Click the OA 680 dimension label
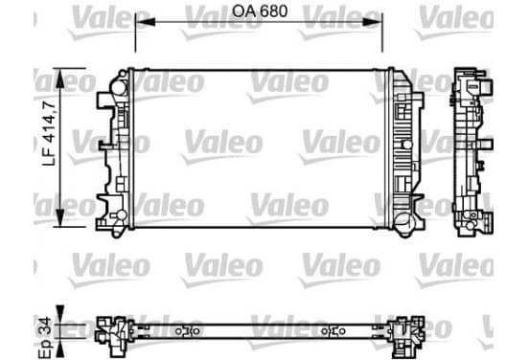pos(260,11)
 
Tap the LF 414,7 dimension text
pos(49,133)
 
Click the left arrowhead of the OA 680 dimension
pos(145,22)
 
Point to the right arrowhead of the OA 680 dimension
pos(373,22)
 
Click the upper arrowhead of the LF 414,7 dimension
pos(59,79)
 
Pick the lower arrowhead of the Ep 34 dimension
pos(59,348)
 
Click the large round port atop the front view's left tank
pos(119,88)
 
